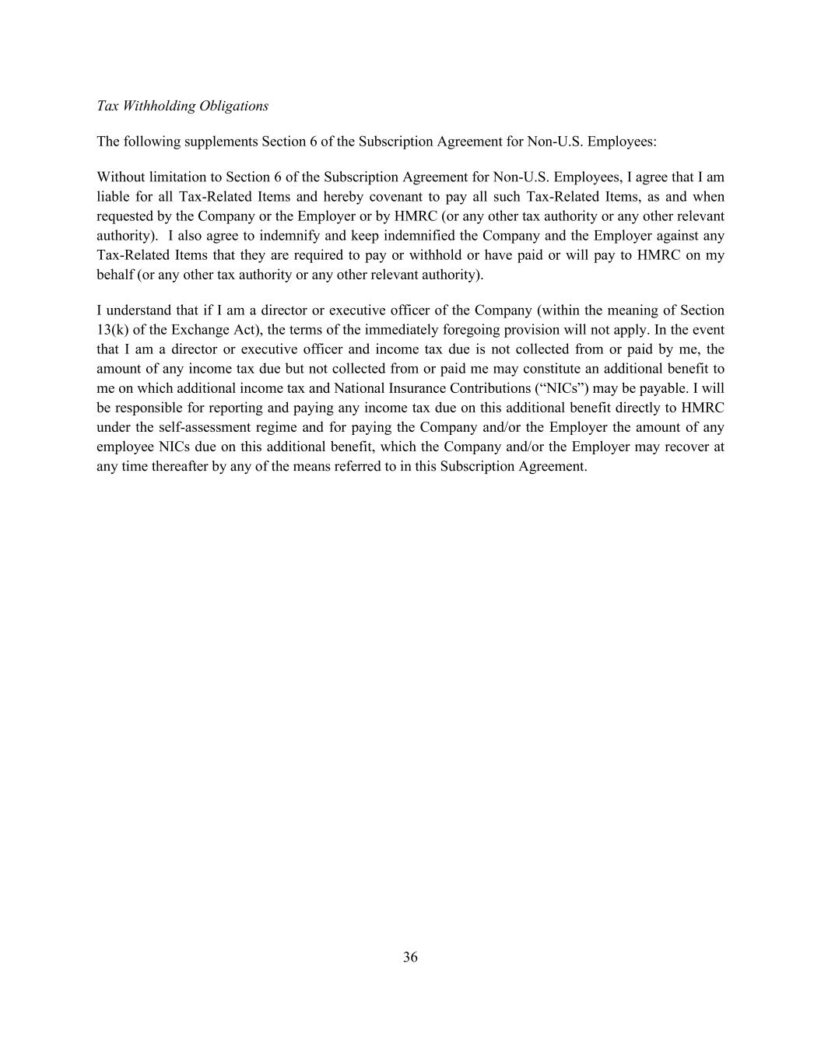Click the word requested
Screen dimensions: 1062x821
[127, 216]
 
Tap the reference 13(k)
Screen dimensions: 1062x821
[112, 330]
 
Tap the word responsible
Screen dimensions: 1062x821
[153, 408]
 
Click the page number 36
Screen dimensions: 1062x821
[410, 958]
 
